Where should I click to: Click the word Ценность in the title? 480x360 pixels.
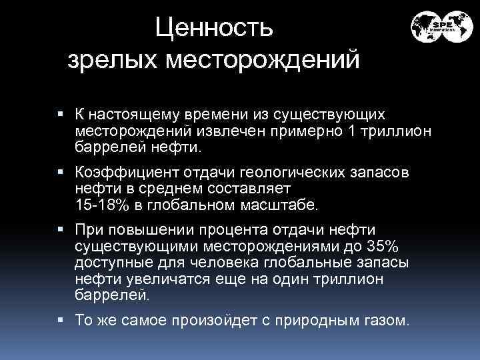[213, 28]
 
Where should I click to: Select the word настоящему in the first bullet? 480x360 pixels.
[134, 116]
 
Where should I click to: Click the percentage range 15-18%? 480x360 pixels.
[100, 203]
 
